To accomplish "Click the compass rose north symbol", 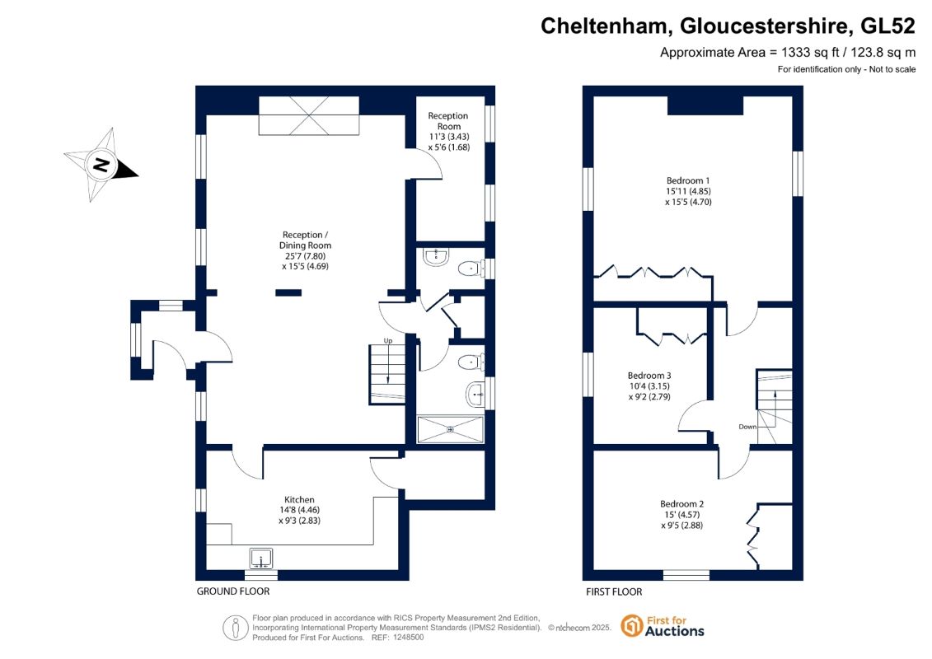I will click(101, 165).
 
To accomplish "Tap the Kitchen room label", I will click(299, 500).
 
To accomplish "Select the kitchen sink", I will click(261, 559).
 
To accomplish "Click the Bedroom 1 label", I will click(688, 180).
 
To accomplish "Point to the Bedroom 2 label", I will click(681, 504).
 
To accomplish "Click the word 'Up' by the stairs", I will click(387, 341).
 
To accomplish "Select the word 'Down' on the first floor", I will click(747, 427).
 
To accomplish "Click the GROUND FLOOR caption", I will click(232, 591).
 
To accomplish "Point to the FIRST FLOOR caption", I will click(613, 591).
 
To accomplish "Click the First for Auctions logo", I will click(663, 626).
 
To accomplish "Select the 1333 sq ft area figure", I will click(808, 52).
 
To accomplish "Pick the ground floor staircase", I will click(386, 376).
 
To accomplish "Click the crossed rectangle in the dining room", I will click(309, 116).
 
